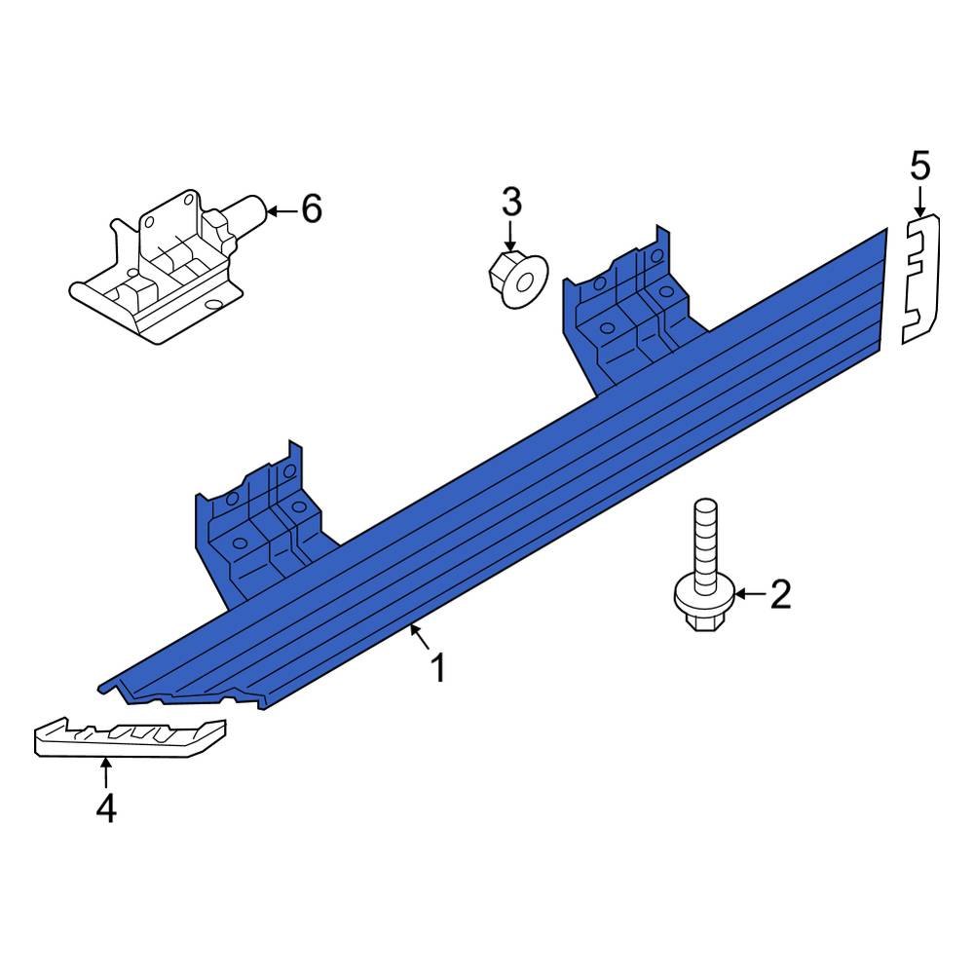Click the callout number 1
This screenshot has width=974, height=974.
pos(438,668)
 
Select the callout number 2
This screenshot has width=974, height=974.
pos(780,593)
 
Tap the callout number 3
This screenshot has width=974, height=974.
pos(511,203)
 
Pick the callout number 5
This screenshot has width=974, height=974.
pos(920,167)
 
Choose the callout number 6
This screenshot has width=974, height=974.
pos(311,208)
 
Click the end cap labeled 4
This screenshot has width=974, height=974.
pos(129,737)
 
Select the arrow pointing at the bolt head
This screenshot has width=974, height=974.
pos(747,593)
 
